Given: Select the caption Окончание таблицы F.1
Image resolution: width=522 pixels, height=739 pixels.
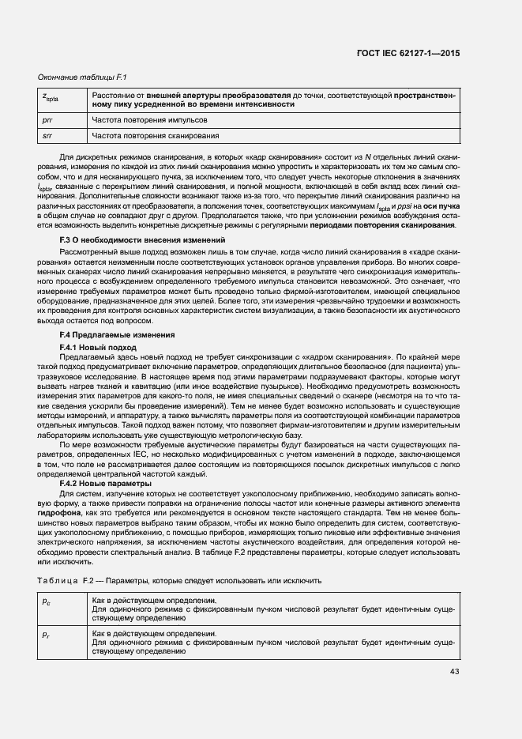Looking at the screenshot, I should (78, 77).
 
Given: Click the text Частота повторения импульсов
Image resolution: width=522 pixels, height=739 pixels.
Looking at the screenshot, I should (149, 120).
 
